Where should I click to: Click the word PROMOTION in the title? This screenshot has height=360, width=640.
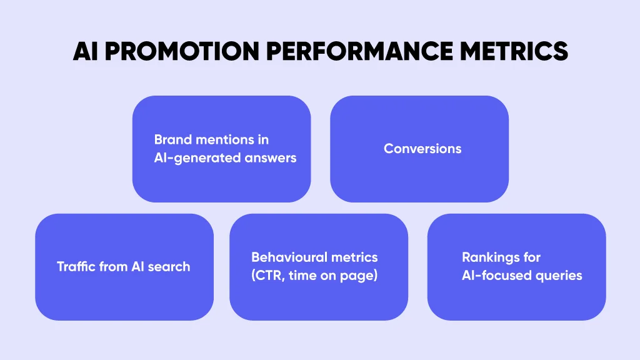tap(182, 51)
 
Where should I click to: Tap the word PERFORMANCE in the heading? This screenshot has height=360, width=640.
tap(359, 51)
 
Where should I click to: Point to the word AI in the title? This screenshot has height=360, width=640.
tap(85, 51)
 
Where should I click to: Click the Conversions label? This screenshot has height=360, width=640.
tap(422, 149)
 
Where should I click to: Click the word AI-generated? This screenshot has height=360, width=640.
tap(197, 158)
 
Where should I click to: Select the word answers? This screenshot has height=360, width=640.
tap(270, 158)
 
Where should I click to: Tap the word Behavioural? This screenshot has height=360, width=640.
tap(289, 257)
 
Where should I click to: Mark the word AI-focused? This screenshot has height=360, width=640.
tap(496, 276)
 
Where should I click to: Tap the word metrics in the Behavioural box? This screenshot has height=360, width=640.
tap(354, 257)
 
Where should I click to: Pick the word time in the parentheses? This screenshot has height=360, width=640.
tap(302, 276)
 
